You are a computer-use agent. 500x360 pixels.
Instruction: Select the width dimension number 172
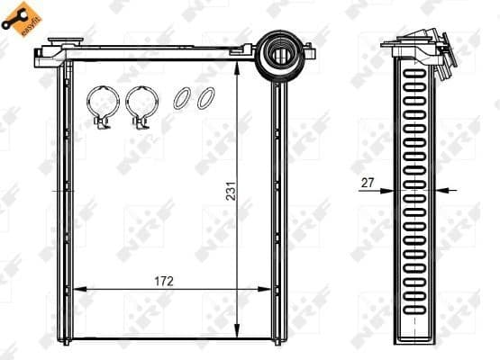pyautogui.click(x=163, y=281)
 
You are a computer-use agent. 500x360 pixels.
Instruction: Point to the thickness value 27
pyautogui.click(x=367, y=183)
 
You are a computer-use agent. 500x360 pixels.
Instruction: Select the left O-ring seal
pyautogui.click(x=181, y=98)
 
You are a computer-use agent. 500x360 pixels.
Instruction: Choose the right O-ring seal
pyautogui.click(x=205, y=98)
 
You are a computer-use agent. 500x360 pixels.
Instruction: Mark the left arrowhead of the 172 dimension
pyautogui.click(x=76, y=290)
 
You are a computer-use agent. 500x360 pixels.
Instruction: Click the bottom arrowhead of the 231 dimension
pyautogui.click(x=237, y=332)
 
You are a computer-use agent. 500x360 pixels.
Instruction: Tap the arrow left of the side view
pyautogui.click(x=385, y=191)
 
